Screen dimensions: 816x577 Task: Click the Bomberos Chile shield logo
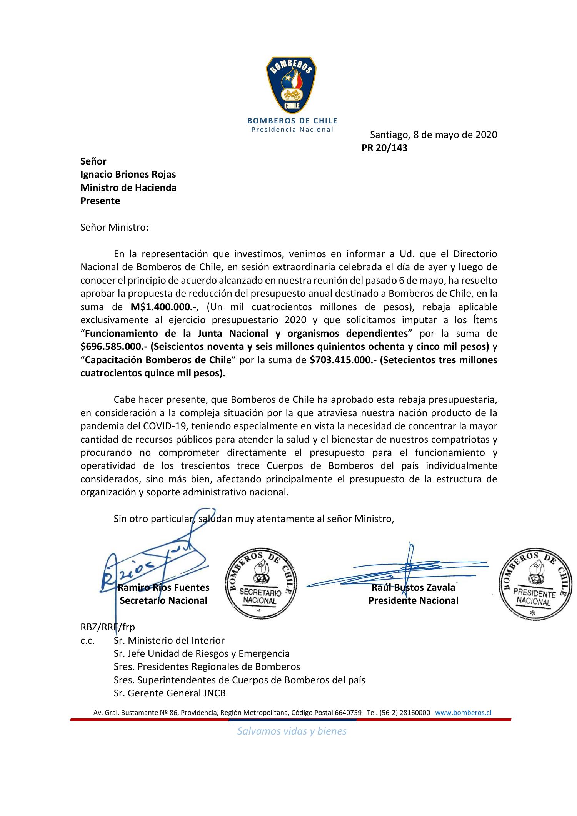click(x=291, y=84)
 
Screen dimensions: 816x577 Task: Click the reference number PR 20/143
click(x=384, y=148)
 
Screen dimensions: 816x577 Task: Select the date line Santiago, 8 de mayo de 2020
click(x=433, y=135)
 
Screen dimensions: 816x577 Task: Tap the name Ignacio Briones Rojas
click(x=128, y=175)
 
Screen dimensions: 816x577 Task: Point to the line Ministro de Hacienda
click(x=128, y=188)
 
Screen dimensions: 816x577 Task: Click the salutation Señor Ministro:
click(x=114, y=227)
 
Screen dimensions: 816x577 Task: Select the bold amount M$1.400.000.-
click(x=164, y=307)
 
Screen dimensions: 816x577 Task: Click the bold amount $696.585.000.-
click(x=114, y=347)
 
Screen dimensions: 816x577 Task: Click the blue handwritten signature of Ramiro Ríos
click(x=154, y=565)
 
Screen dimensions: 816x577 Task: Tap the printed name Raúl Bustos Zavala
click(x=413, y=588)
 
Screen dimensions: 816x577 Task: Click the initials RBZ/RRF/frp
click(x=108, y=627)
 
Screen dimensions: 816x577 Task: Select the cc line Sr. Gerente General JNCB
click(x=169, y=693)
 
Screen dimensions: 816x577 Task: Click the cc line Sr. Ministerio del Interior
click(x=169, y=640)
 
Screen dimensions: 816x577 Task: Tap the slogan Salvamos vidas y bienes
click(x=292, y=731)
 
